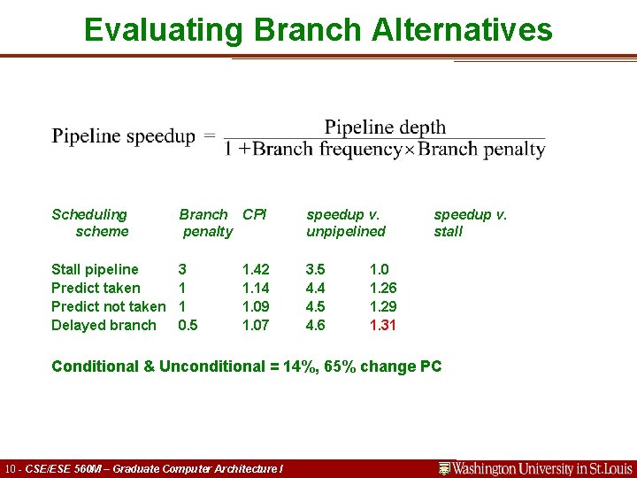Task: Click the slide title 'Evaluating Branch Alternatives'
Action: click(x=318, y=30)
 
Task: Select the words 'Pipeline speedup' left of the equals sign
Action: click(x=124, y=136)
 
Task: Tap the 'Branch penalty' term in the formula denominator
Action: click(x=482, y=149)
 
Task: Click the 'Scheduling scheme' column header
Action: click(x=89, y=223)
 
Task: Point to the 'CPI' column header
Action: click(x=255, y=214)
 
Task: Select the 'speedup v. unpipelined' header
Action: click(x=346, y=223)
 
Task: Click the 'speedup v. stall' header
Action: click(x=470, y=223)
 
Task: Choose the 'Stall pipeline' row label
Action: click(x=95, y=269)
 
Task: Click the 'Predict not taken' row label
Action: click(x=108, y=306)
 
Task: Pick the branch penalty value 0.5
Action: click(x=188, y=325)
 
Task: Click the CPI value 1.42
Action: click(x=256, y=269)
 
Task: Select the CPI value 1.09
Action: click(x=256, y=306)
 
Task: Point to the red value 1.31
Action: click(x=383, y=325)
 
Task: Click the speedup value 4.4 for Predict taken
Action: click(x=315, y=288)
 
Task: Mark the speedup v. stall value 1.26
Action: click(x=383, y=288)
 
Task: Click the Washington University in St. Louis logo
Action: click(x=536, y=468)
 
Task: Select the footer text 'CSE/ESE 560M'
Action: click(x=68, y=468)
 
